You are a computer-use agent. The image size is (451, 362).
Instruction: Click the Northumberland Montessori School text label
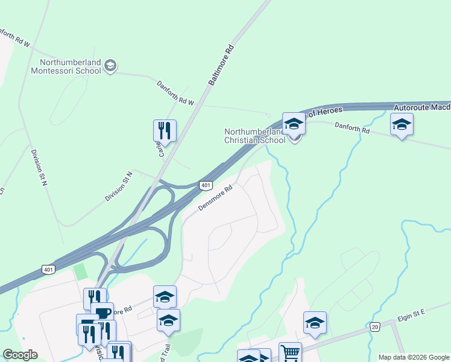point(70,65)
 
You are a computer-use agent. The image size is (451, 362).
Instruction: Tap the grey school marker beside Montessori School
point(110,66)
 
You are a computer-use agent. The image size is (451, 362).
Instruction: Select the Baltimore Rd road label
point(220,66)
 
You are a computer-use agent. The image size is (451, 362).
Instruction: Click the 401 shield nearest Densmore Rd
point(206,185)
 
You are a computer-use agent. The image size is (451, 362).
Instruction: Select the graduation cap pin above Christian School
point(294,124)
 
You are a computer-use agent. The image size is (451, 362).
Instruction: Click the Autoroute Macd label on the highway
point(421,107)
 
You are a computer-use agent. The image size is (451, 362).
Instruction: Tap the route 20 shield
point(375,326)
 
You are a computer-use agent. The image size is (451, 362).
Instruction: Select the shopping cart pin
point(291,352)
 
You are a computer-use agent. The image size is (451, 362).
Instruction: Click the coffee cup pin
point(102,313)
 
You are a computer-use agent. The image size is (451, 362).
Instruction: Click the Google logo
point(20,355)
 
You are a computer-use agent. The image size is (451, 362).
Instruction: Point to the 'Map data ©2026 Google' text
point(414,357)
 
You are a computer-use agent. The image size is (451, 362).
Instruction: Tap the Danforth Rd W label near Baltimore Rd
point(175,94)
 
